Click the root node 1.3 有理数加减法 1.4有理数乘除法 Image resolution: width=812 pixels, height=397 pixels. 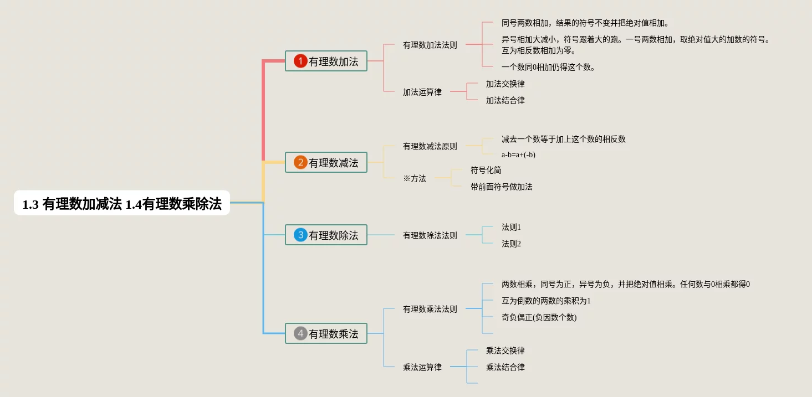122,204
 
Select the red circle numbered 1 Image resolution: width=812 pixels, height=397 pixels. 300,61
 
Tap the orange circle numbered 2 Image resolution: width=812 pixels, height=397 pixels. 300,162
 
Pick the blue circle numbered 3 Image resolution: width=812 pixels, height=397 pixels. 300,235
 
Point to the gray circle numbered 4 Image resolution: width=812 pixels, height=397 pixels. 300,333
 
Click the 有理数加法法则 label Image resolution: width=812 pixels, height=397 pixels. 430,45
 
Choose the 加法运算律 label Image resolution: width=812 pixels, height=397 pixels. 422,92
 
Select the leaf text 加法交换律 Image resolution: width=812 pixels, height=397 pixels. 505,84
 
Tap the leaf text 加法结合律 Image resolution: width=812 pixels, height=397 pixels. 505,100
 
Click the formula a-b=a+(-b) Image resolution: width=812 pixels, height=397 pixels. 518,155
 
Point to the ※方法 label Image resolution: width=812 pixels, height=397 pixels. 415,178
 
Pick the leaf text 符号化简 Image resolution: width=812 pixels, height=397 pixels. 486,170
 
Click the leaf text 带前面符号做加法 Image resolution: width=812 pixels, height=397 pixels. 502,187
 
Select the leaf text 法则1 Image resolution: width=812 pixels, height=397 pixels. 511,227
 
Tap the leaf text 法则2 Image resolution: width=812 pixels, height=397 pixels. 511,244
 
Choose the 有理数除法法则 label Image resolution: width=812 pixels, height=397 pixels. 430,235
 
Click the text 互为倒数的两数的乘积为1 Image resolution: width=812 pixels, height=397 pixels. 546,301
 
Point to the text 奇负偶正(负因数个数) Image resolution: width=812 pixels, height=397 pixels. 539,317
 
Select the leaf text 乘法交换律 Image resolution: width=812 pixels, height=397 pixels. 505,350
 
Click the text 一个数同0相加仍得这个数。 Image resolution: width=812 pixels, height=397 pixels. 548,67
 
